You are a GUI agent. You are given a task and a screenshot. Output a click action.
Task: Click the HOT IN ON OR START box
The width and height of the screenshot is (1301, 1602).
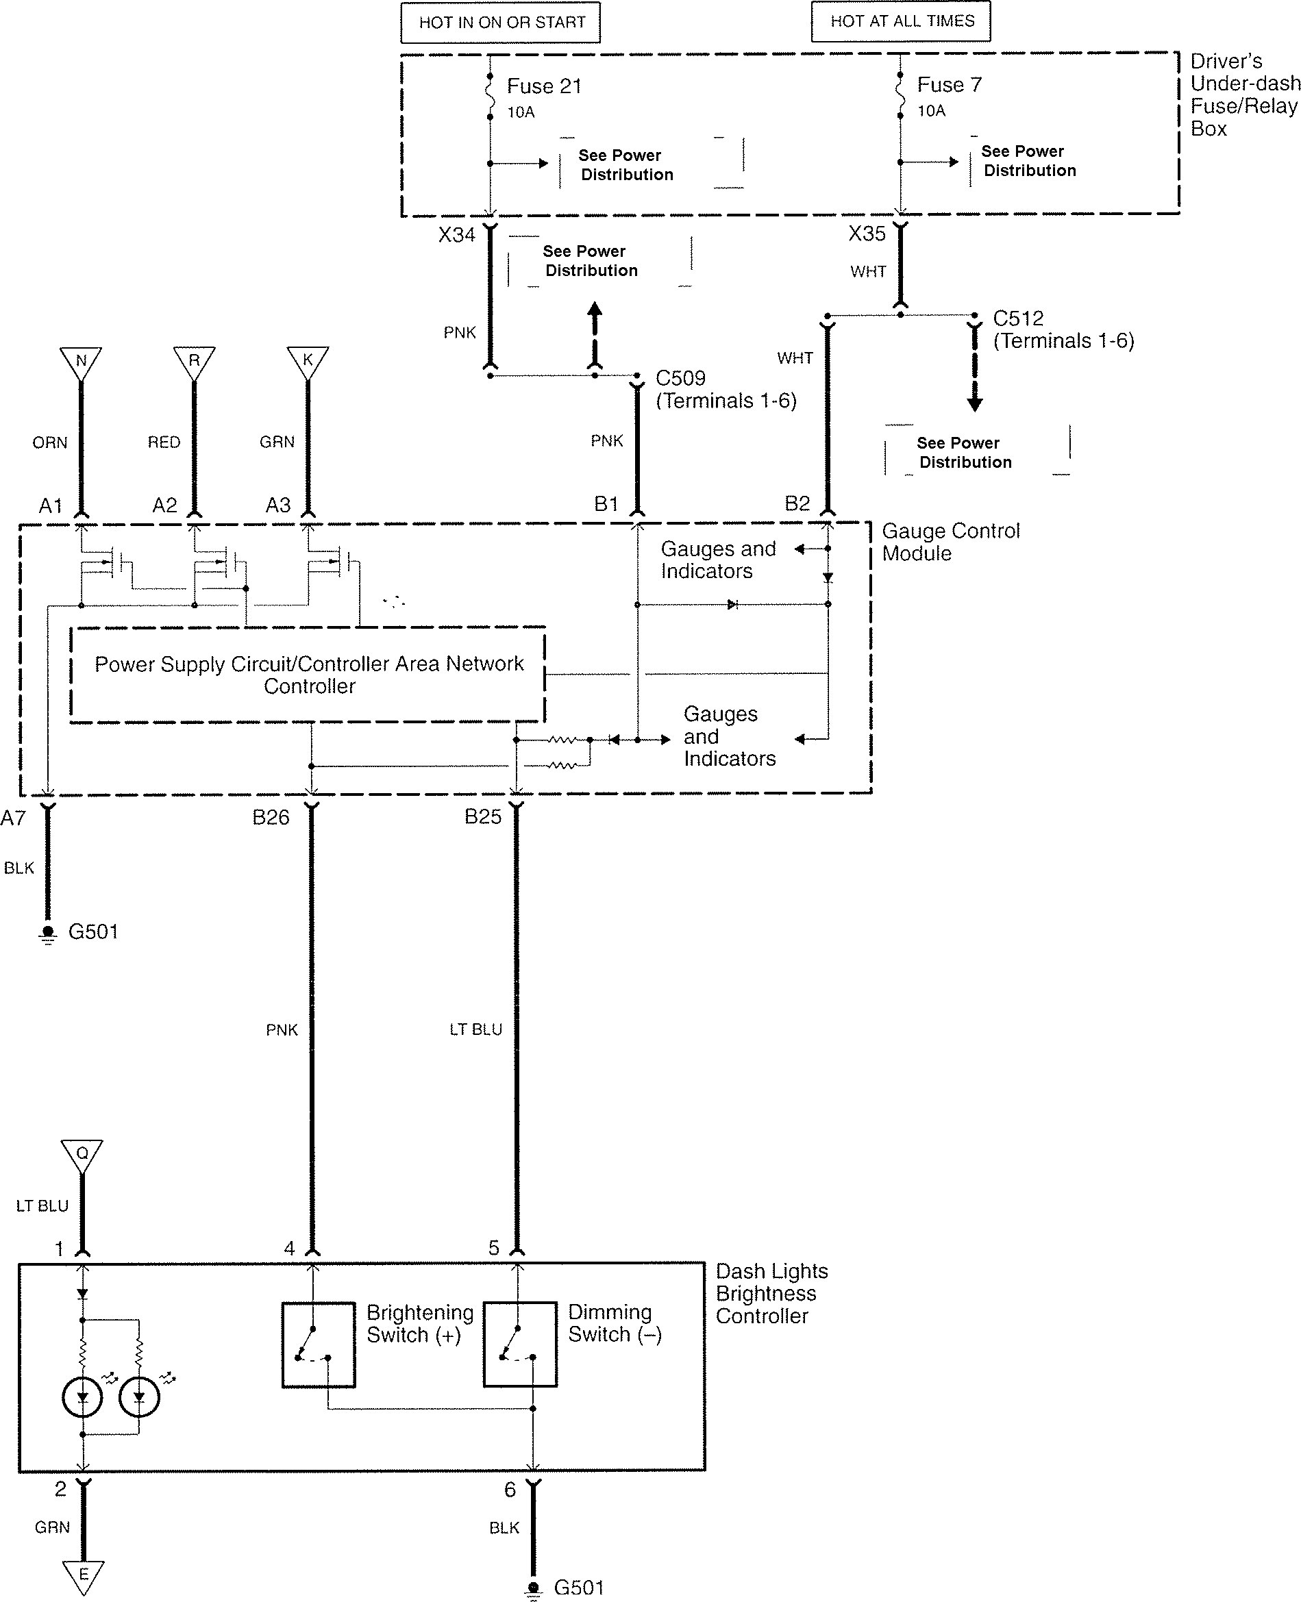[x=501, y=23]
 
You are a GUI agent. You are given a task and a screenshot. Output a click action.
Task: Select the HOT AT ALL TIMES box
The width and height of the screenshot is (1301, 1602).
[x=901, y=22]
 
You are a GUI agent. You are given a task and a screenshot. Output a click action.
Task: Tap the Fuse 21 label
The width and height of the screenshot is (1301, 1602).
[x=544, y=86]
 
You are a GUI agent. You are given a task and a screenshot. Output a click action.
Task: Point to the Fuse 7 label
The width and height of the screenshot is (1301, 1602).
[x=949, y=85]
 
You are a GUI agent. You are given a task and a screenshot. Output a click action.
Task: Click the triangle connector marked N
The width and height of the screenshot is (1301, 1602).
[x=81, y=361]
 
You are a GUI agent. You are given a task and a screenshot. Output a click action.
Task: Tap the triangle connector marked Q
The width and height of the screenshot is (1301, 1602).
[x=82, y=1155]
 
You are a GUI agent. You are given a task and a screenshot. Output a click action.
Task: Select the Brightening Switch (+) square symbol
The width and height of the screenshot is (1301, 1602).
[x=319, y=1345]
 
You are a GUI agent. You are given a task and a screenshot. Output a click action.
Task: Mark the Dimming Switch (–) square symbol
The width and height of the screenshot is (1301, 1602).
[x=520, y=1345]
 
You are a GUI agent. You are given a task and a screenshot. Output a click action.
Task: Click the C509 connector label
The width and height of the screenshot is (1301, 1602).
[x=680, y=378]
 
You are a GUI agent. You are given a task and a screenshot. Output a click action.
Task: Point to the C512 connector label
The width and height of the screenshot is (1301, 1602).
[x=1018, y=318]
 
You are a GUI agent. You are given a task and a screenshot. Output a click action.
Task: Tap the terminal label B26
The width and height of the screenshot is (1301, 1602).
[x=271, y=818]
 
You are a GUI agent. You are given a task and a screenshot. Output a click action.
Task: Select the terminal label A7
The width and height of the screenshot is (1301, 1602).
[x=14, y=818]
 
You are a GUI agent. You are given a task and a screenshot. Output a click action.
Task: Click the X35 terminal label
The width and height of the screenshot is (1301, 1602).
[x=867, y=234]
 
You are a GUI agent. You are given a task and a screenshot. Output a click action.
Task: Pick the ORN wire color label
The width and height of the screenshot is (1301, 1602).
[x=49, y=443]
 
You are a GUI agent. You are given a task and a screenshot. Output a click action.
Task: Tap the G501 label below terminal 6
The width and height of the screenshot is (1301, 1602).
[x=578, y=1587]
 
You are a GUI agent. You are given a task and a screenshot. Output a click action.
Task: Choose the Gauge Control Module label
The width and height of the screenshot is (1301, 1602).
[x=950, y=542]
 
